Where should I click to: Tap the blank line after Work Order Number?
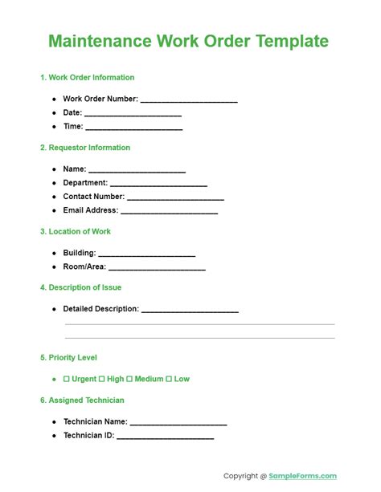point(189,100)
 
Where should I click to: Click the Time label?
point(72,127)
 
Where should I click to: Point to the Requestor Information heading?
point(88,148)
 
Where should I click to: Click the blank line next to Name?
point(137,170)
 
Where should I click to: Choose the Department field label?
point(85,183)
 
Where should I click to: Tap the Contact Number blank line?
point(175,197)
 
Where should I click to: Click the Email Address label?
point(90,210)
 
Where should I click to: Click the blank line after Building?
point(147,254)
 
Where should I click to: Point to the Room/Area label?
point(84,266)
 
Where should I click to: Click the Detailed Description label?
point(101,309)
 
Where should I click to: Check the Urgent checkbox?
point(67,379)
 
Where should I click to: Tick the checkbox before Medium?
point(129,379)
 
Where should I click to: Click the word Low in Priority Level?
point(182,379)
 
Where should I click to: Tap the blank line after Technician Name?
point(178,422)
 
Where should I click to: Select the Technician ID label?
point(88,436)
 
